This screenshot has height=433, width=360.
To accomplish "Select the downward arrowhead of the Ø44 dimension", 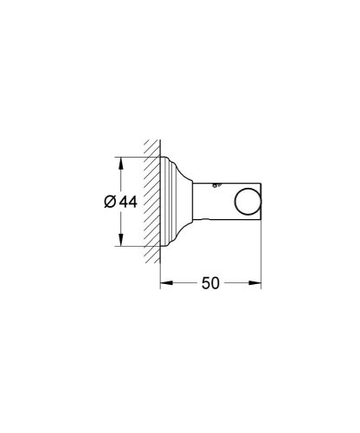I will pyautogui.click(x=119, y=242).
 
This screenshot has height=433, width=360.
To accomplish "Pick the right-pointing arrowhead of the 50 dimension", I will pyautogui.click(x=257, y=281).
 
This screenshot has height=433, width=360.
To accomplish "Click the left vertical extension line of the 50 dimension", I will pyautogui.click(x=162, y=268).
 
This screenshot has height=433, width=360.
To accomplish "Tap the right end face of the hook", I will pyautogui.click(x=260, y=201).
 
